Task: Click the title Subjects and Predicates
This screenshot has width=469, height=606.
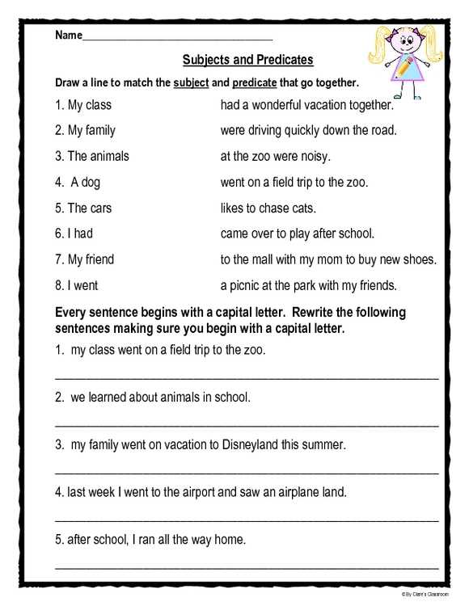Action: click(x=247, y=60)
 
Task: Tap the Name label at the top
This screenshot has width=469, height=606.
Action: click(x=69, y=36)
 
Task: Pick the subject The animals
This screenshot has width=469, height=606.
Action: click(x=91, y=156)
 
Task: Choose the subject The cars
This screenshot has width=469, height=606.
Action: click(x=83, y=208)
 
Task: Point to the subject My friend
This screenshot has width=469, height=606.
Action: click(x=84, y=259)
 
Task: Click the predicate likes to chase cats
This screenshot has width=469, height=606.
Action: click(x=268, y=208)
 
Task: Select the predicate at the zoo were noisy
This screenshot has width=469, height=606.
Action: click(x=275, y=156)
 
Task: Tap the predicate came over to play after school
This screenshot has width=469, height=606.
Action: click(x=297, y=234)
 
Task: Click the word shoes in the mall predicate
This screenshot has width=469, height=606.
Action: click(x=420, y=259)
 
